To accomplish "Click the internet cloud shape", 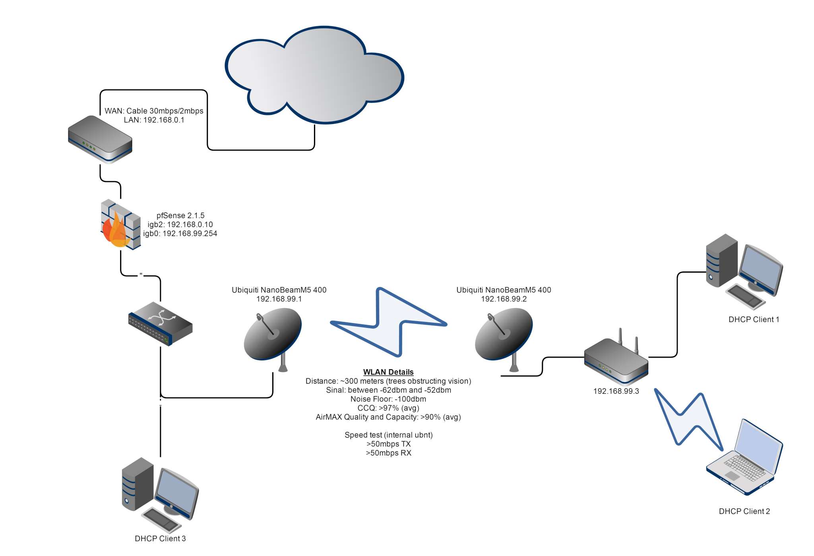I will point(314,76).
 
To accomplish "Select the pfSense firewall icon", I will point(120,225).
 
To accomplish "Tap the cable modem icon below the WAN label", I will point(100,139).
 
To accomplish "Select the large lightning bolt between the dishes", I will point(389,322).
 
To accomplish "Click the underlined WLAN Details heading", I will point(388,372).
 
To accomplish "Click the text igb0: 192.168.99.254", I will point(180,234).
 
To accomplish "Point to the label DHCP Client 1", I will point(754,320).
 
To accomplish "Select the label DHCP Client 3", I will point(160,539).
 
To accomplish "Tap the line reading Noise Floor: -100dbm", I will point(388,399).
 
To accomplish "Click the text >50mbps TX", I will point(388,444).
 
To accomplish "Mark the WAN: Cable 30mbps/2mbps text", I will point(154,111).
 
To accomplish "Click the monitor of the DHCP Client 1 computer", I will point(760,268).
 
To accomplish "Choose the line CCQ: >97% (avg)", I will point(388,408).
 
